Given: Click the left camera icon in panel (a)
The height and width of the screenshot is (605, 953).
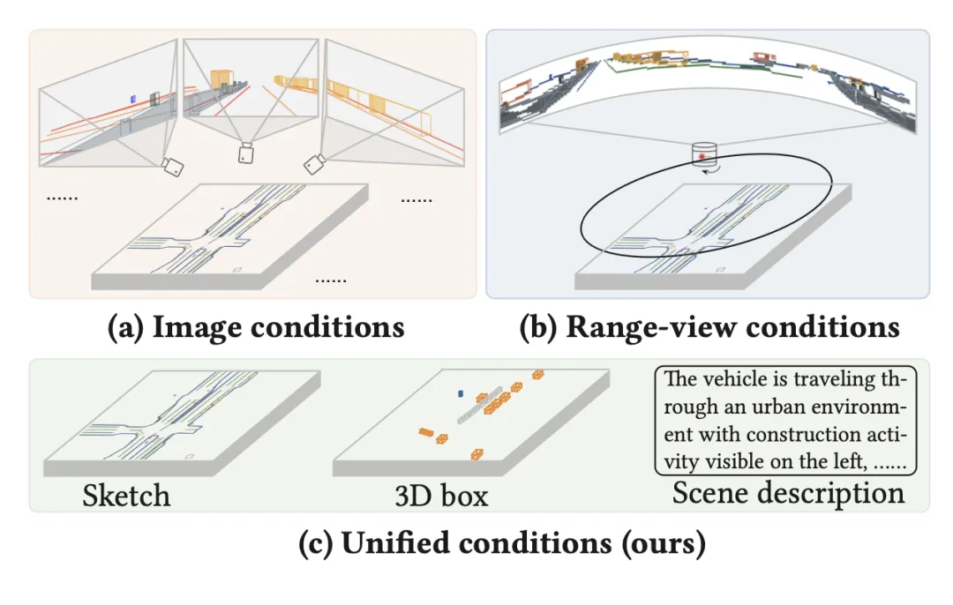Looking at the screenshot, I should click(174, 167).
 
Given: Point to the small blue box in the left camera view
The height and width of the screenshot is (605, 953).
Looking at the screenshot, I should click(132, 99).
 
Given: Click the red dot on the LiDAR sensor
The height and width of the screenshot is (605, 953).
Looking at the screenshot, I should click(702, 157).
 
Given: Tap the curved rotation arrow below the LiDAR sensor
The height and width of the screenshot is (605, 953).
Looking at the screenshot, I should click(706, 172).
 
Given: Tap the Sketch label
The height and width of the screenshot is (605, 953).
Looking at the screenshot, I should click(126, 496).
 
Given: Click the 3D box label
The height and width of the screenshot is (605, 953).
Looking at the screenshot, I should click(441, 496).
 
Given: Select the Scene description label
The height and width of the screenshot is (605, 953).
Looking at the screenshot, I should click(788, 493).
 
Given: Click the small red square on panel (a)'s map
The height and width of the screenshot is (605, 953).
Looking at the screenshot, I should click(236, 268).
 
